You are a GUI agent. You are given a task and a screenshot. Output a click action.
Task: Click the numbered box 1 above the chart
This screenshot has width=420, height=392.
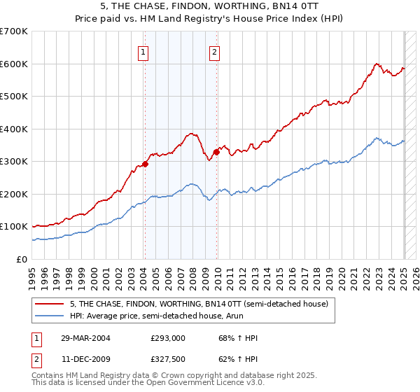click(x=143, y=51)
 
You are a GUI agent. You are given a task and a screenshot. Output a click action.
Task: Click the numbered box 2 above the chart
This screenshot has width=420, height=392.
click(x=214, y=51)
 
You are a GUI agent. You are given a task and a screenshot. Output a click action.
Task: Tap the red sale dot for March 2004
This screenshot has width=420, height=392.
click(x=146, y=164)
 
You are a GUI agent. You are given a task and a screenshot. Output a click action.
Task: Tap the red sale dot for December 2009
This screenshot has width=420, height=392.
click(x=216, y=153)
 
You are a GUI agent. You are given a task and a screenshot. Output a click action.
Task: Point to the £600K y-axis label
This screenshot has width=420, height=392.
click(x=14, y=64)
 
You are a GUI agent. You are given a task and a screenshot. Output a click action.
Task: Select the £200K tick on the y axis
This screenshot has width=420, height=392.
click(x=14, y=194)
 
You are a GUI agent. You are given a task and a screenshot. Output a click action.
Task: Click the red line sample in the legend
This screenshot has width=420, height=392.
click(x=49, y=303)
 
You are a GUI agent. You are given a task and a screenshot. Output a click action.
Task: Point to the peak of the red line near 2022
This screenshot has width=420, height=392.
click(x=377, y=64)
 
